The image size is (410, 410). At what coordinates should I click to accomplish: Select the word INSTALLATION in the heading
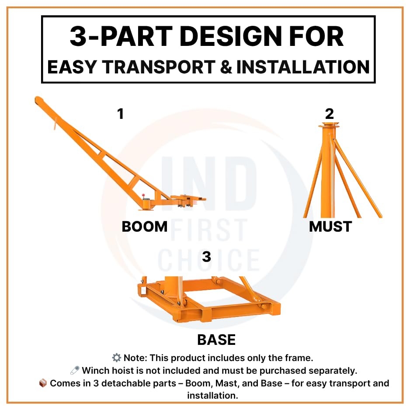coord(303,67)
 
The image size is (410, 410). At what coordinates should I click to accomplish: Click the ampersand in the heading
coord(226,67)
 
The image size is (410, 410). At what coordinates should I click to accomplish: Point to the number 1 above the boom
coord(120,114)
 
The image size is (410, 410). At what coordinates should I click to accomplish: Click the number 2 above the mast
coord(330,114)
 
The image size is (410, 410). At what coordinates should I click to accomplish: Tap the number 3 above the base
coord(207,257)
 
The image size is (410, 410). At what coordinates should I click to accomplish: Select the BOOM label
coord(145,226)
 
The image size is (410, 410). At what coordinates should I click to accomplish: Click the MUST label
coord(330,226)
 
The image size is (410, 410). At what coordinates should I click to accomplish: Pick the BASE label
coord(216,340)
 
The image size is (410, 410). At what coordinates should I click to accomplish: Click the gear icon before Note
coord(116,358)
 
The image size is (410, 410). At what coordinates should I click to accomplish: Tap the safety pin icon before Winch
coord(75,370)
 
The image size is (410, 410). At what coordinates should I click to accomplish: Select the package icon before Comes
coord(43,383)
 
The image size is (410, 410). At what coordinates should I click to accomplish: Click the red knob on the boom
coord(143,195)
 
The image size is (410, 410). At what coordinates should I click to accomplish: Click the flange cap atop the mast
coord(329,125)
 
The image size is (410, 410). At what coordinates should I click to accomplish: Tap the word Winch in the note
coord(95,371)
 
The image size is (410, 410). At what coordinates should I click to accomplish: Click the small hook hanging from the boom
coord(55,124)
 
